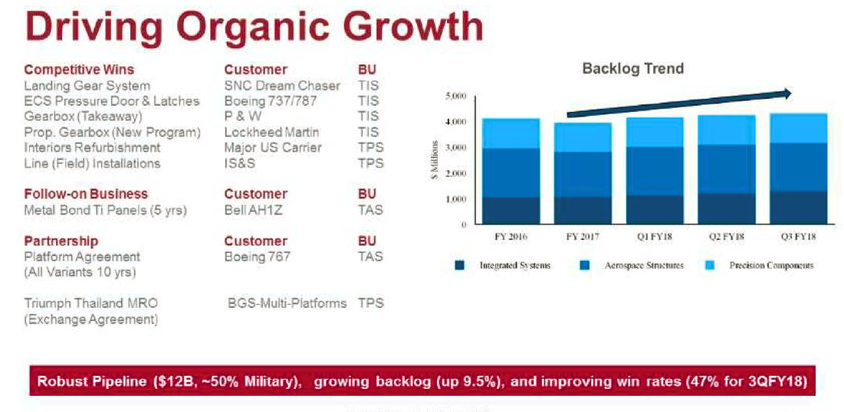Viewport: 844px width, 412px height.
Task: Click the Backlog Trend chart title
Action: pyautogui.click(x=633, y=69)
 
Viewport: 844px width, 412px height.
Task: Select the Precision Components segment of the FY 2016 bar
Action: pyautogui.click(x=511, y=133)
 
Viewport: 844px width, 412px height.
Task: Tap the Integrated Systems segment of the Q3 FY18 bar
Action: pyautogui.click(x=798, y=207)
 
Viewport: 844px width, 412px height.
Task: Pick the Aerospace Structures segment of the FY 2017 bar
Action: pyautogui.click(x=583, y=175)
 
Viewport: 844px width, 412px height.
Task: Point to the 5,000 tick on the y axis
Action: pyautogui.click(x=456, y=96)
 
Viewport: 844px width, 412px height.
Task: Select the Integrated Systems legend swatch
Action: pyautogui.click(x=460, y=265)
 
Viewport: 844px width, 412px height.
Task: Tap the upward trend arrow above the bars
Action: pyautogui.click(x=679, y=104)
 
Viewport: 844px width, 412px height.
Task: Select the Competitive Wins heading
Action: pyautogui.click(x=79, y=70)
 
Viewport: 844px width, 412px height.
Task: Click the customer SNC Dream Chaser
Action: pyautogui.click(x=282, y=86)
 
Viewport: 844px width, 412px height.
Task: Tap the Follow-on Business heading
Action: pyautogui.click(x=86, y=194)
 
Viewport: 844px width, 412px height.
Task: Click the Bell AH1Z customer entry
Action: pyautogui.click(x=253, y=210)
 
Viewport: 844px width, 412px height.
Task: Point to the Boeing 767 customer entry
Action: pyautogui.click(x=257, y=257)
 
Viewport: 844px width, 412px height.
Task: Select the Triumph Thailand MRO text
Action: pyautogui.click(x=91, y=303)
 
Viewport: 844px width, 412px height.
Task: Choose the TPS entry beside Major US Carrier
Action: pyautogui.click(x=371, y=147)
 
